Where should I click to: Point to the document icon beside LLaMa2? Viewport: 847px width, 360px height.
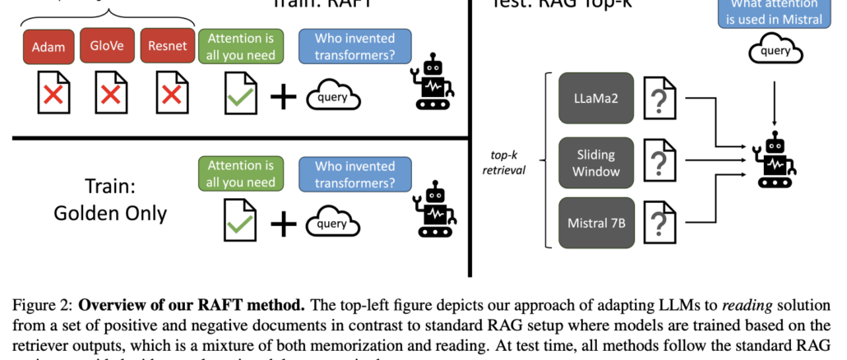tap(659, 99)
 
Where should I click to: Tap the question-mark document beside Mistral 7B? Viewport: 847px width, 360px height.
tap(659, 222)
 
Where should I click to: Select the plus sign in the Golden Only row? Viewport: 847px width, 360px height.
tap(284, 222)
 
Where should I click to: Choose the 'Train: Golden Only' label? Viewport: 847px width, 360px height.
tap(110, 200)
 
